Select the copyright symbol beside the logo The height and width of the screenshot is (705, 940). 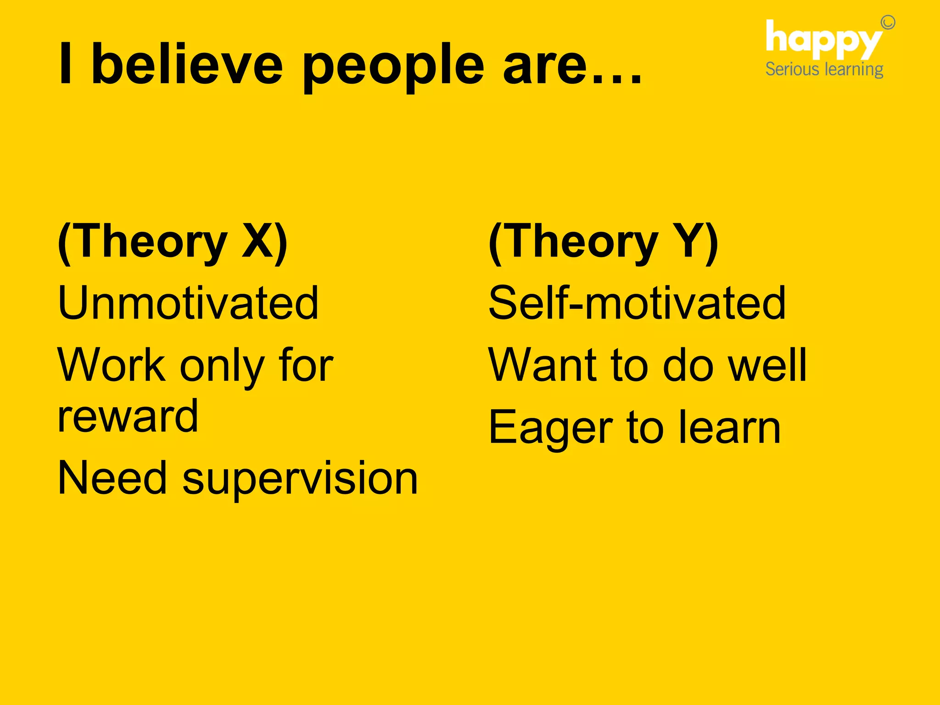(x=888, y=22)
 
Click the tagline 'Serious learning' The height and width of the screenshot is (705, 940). (x=824, y=70)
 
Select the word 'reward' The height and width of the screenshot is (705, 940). (x=128, y=417)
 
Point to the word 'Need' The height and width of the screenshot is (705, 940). (x=112, y=478)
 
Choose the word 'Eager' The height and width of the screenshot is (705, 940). (x=550, y=428)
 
